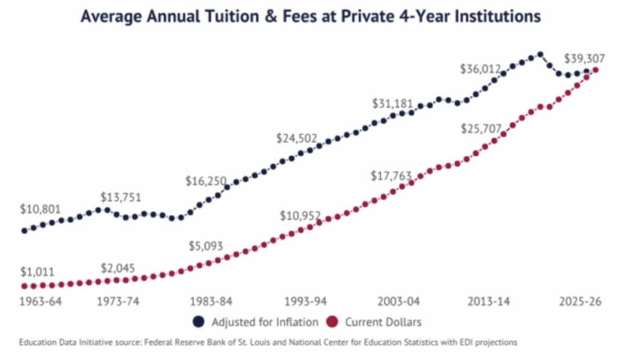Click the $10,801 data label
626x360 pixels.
41,208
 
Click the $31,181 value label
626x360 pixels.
392,103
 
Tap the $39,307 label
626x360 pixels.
585,59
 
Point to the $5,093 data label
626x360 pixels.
205,247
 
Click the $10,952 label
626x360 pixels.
300,216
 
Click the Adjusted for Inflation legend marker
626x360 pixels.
199,321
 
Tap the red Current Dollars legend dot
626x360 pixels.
333,321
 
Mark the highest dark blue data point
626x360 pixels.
540,54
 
